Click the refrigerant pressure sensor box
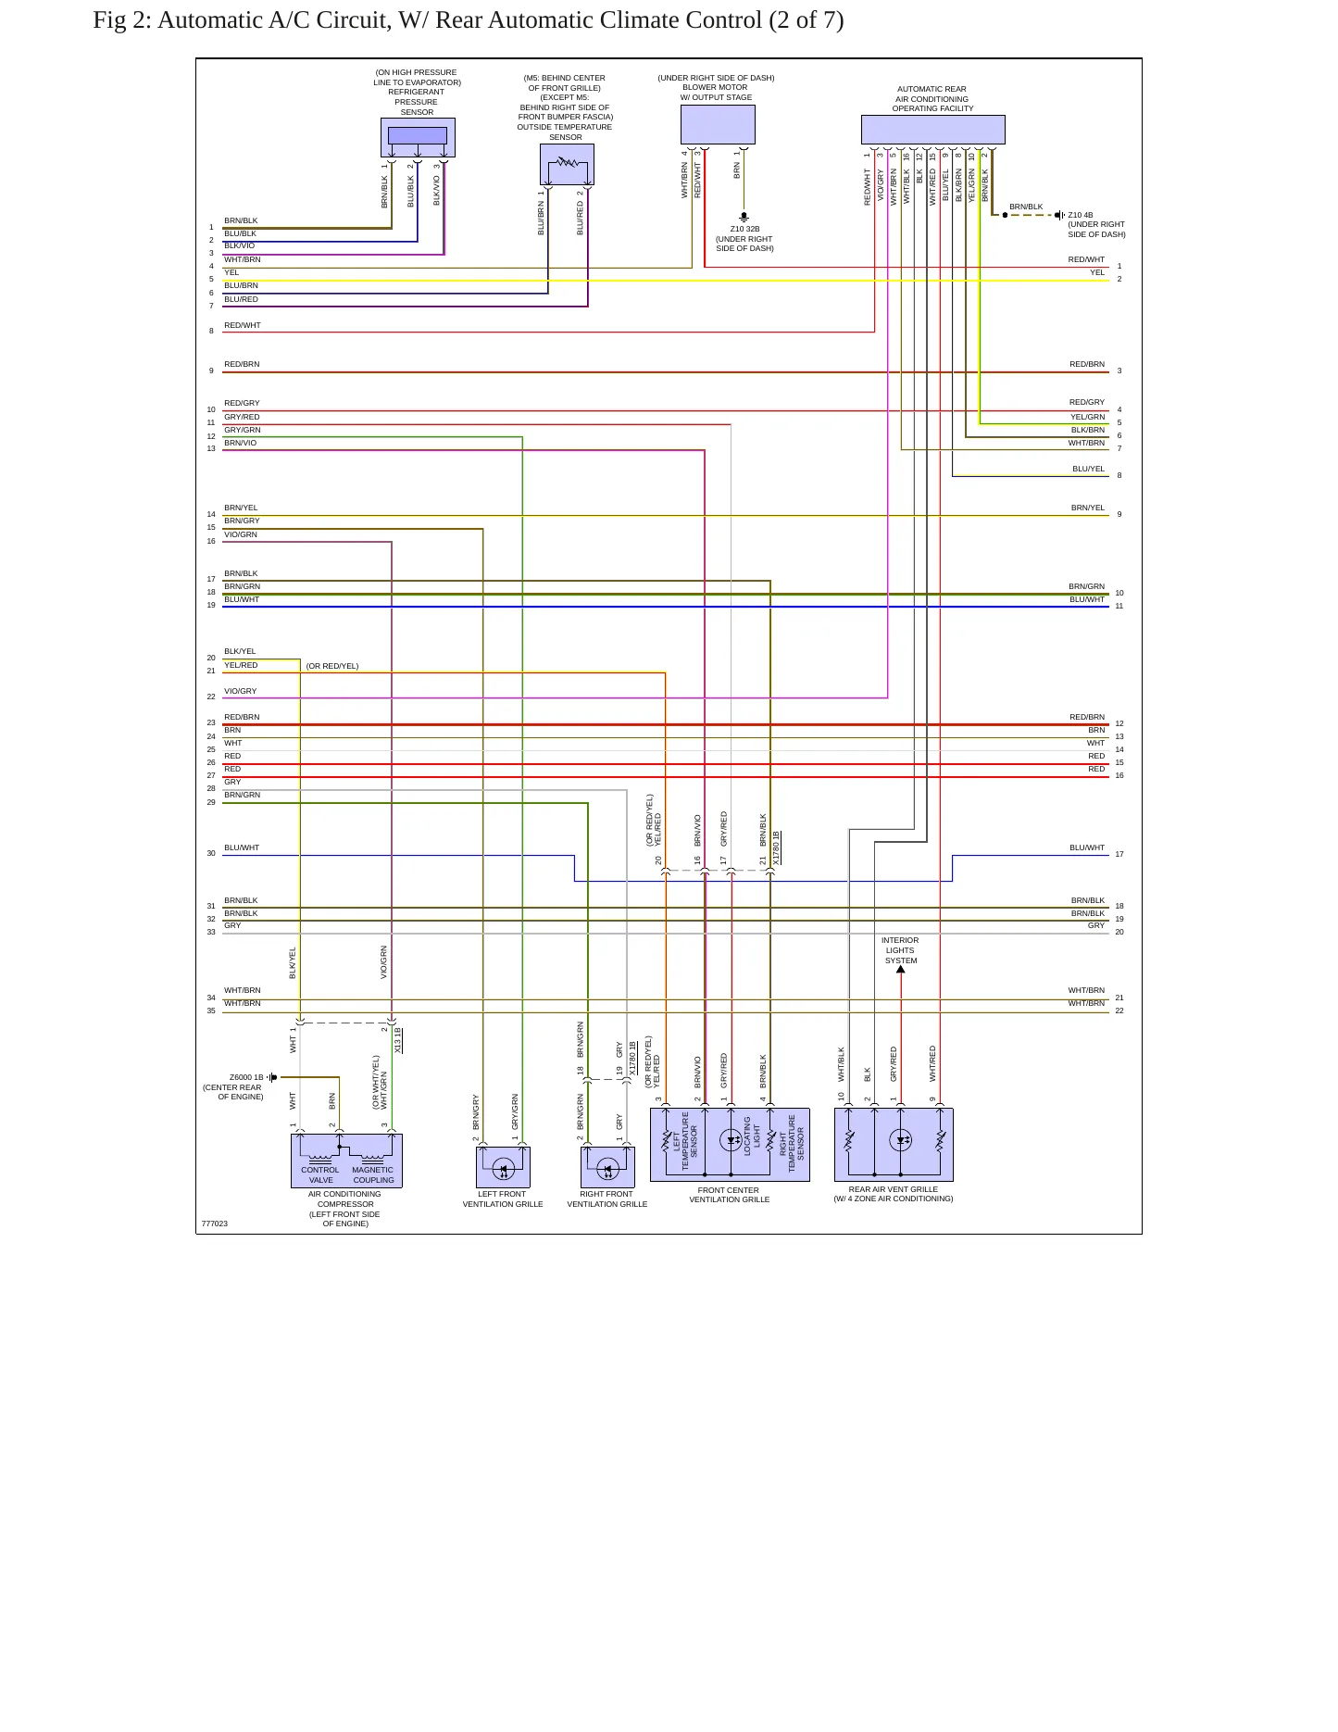coord(418,137)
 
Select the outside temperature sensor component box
coord(567,164)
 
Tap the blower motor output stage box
coord(718,124)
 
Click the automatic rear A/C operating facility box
coord(932,130)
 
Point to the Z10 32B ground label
coord(744,229)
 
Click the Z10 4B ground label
coord(1081,215)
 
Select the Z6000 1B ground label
coord(246,1077)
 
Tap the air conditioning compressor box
coord(346,1161)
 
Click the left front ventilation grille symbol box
coord(503,1167)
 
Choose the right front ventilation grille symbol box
coord(607,1167)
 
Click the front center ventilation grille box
coord(730,1145)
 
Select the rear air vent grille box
coord(894,1145)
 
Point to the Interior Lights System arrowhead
coord(901,970)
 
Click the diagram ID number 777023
coord(214,1224)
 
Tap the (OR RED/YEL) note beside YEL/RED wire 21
coord(332,666)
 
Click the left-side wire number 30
coord(211,853)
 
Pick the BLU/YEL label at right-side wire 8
coord(1089,469)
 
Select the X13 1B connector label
coord(398,1039)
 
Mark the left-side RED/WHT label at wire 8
coord(243,325)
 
